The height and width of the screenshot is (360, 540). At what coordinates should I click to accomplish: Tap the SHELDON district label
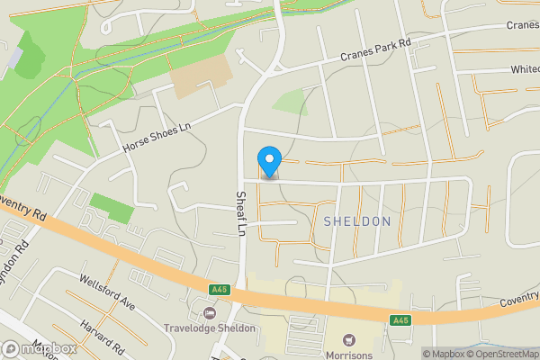click(x=357, y=221)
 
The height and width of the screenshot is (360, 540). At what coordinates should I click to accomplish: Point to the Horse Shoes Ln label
click(x=157, y=139)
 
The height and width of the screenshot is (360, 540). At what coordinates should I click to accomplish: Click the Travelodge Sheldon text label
click(x=210, y=328)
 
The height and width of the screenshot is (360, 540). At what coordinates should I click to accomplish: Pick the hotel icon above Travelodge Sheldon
click(x=210, y=313)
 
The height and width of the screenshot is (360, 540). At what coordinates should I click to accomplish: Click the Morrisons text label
click(x=350, y=354)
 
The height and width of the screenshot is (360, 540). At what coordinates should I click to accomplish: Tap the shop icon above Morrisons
click(x=350, y=339)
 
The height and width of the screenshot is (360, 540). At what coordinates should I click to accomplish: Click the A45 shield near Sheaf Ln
click(x=219, y=290)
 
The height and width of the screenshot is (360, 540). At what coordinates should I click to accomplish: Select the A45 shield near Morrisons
click(x=401, y=319)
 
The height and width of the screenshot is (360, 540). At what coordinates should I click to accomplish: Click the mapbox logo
click(x=39, y=348)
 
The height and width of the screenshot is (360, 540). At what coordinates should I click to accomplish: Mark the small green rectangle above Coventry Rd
click(x=112, y=208)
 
